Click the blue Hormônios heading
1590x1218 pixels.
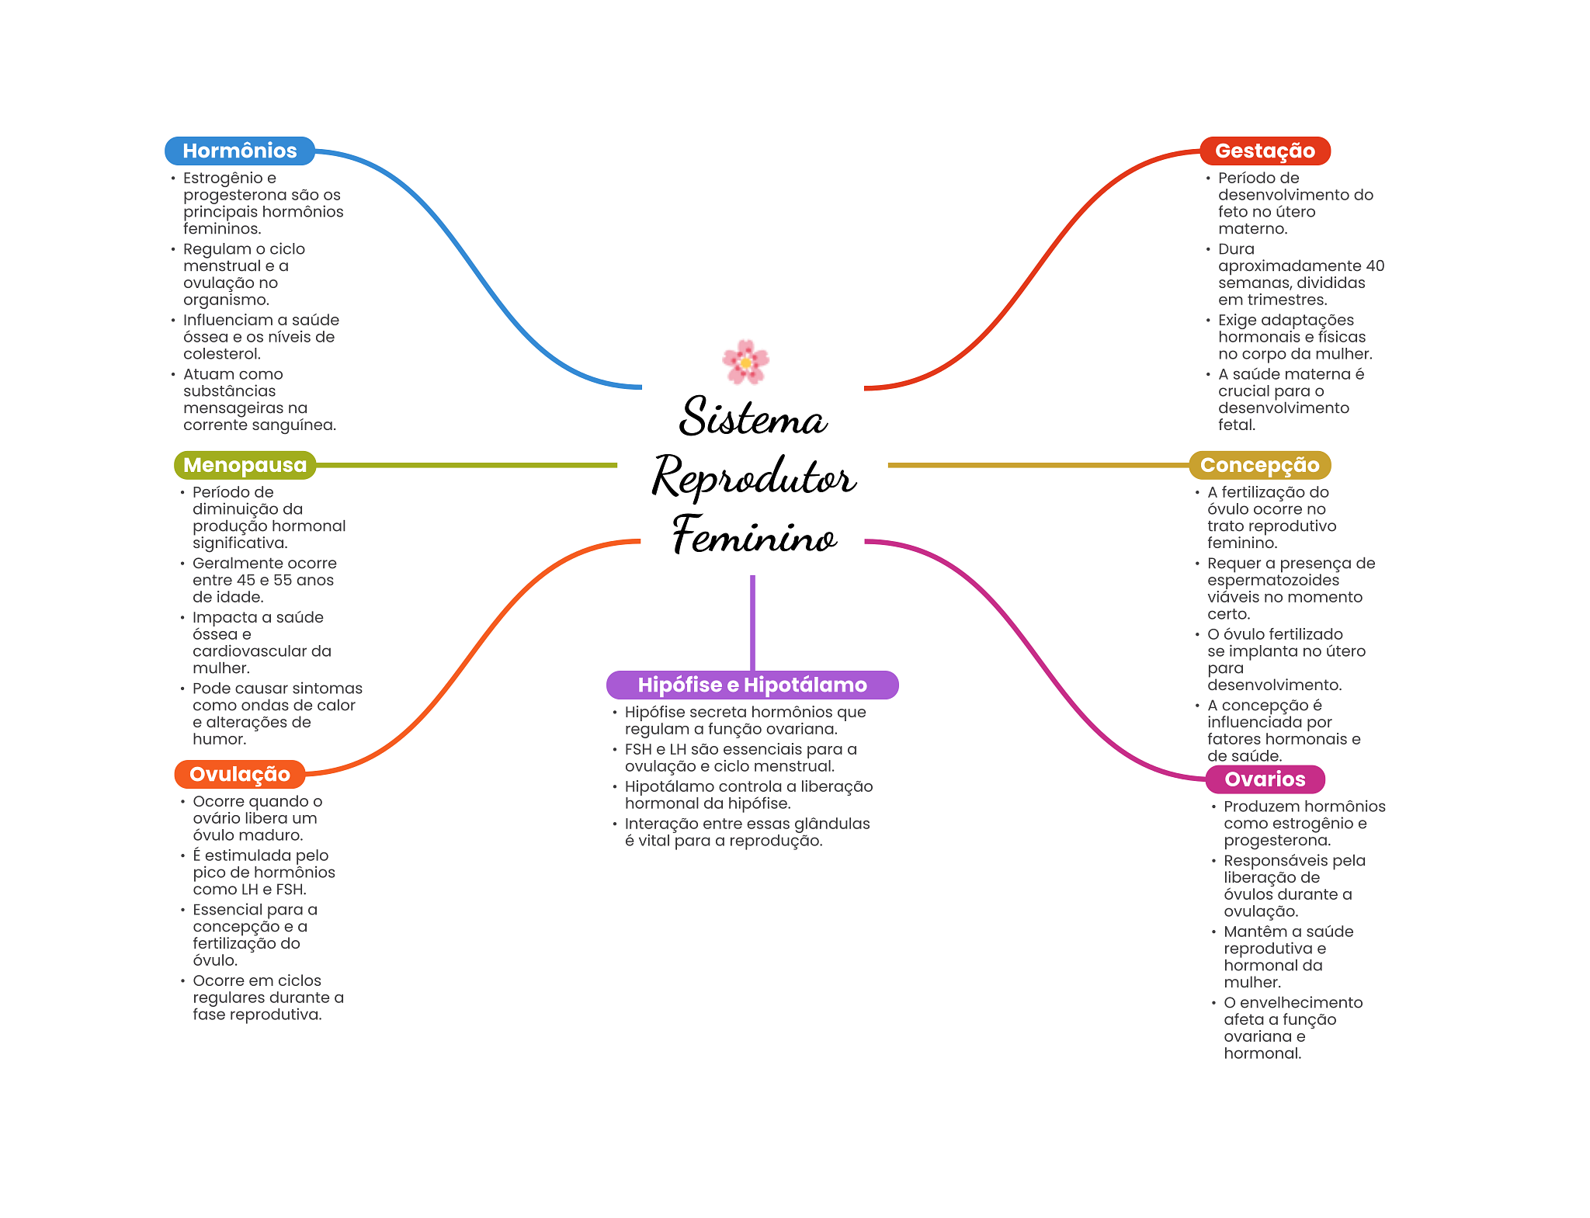[239, 151]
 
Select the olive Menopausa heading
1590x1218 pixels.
[245, 465]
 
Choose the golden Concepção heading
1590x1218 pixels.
[1259, 465]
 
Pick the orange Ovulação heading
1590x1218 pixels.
[239, 774]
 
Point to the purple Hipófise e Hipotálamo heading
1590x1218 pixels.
[752, 685]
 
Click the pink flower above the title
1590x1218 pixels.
[745, 362]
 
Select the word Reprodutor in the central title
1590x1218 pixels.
[753, 477]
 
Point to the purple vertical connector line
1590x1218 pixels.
[752, 621]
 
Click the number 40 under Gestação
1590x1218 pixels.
[1375, 265]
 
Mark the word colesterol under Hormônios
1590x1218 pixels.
[221, 354]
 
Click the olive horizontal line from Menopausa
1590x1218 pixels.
[466, 465]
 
